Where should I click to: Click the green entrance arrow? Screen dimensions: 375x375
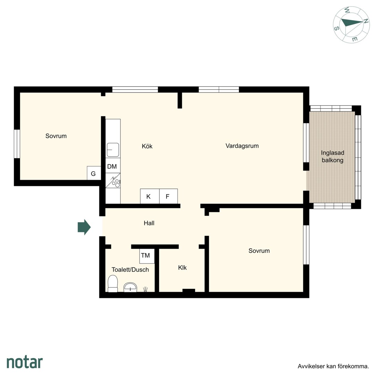coord(84,227)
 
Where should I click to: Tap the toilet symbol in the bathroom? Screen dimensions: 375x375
coord(112,283)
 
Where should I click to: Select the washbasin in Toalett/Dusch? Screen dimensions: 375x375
coord(130,287)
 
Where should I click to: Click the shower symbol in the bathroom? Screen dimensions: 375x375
coord(145,289)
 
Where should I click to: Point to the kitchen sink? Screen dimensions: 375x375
coord(113,150)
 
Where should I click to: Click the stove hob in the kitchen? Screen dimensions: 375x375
coord(113,181)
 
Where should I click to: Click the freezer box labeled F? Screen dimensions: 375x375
coord(168,196)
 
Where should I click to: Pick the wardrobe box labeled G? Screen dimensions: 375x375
coord(94,173)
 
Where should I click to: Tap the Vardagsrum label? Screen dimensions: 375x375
coord(242,146)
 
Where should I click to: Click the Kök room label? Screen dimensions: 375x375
coord(147,146)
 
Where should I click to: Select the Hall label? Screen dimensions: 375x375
coord(149,223)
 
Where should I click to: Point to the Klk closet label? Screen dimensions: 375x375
coord(182,268)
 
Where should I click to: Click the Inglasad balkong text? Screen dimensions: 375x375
coord(333,156)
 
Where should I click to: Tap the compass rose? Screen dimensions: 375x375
coord(351,25)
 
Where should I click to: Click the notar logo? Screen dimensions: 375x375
coord(25,362)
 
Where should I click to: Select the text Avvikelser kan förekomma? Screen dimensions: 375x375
coord(333,366)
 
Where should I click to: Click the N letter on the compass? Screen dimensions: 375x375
coord(366,21)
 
